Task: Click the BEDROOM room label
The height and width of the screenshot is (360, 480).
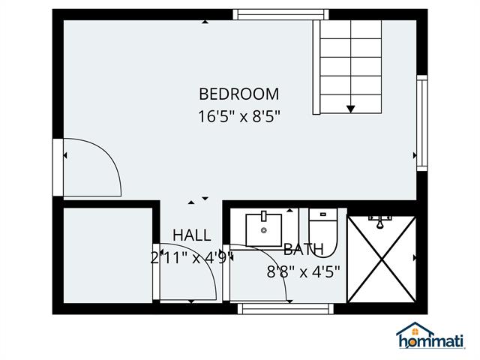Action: point(239,94)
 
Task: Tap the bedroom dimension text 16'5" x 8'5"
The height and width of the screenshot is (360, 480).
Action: point(239,117)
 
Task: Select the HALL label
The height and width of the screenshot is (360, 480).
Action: point(192,235)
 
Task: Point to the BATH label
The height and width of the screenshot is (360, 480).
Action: point(303,250)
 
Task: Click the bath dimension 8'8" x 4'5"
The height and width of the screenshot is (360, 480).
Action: point(303,271)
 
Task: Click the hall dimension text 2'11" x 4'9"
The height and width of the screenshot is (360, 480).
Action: point(192,258)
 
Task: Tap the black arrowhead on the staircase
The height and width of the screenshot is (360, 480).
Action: point(350,109)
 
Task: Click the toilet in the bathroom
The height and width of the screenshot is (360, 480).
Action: point(323,232)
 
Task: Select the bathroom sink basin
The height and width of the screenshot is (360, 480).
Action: point(263,230)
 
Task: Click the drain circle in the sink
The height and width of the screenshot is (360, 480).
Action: point(264,230)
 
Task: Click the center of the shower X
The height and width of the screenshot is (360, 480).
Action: point(382,259)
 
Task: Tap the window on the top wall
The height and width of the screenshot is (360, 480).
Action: point(280,15)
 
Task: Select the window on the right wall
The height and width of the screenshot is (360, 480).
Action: point(422,123)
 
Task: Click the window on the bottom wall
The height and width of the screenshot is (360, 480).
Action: point(286,309)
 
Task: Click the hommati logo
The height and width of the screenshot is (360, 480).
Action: point(430,335)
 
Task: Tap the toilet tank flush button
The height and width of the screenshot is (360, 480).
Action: point(323,214)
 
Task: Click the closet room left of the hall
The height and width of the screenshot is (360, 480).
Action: point(108,256)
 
